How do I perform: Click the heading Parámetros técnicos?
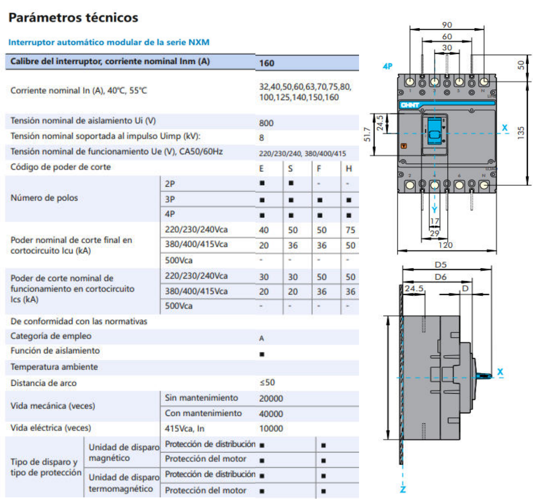click(x=73, y=18)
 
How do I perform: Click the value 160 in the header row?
click(x=266, y=63)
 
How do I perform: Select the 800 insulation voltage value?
click(x=266, y=123)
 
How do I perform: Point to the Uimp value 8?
click(x=261, y=138)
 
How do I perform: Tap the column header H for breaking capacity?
click(x=349, y=169)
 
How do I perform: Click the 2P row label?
click(x=170, y=184)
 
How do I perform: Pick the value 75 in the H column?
click(x=350, y=230)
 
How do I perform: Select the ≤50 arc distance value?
click(x=267, y=383)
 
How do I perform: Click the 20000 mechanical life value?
click(x=271, y=398)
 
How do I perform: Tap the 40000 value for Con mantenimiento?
click(x=271, y=414)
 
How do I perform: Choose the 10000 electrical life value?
click(x=271, y=428)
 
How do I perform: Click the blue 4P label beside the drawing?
click(x=388, y=66)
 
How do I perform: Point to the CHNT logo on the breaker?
click(x=410, y=105)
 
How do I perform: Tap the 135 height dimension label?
click(x=521, y=133)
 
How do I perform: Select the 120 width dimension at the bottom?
click(x=445, y=245)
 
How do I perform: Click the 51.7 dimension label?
click(x=367, y=134)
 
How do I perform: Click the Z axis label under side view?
click(x=403, y=489)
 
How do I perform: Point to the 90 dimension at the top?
click(x=447, y=25)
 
